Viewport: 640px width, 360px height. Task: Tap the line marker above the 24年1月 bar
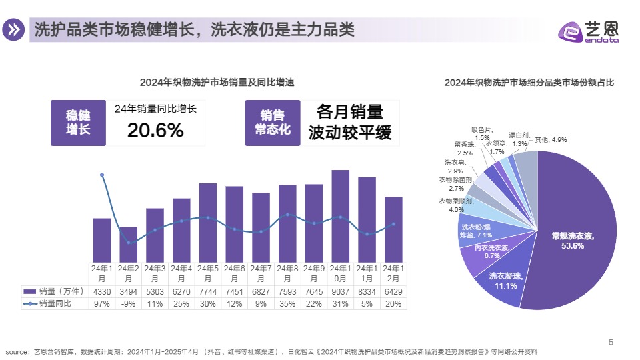(102, 175)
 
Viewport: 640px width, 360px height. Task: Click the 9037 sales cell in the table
(341, 292)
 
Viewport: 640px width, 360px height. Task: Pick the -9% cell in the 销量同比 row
(128, 303)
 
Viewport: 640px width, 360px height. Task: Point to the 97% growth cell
(102, 303)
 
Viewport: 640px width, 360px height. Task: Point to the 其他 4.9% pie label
(549, 140)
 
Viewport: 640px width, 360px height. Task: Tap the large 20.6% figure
(155, 130)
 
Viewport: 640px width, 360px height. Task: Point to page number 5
(611, 343)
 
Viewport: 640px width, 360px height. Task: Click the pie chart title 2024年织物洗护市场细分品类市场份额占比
(529, 83)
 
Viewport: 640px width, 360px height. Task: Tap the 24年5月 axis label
(208, 273)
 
